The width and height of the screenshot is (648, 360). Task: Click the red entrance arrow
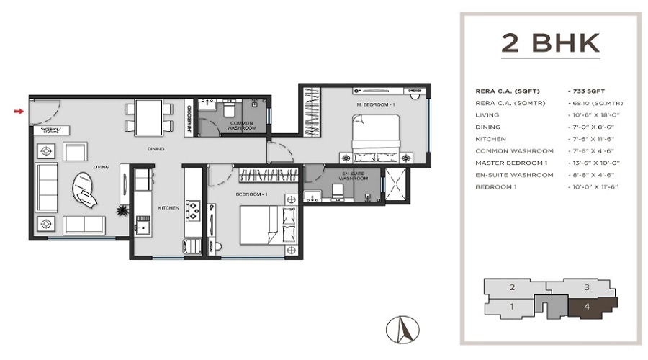coord(19,111)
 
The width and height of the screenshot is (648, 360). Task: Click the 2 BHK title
coord(551,43)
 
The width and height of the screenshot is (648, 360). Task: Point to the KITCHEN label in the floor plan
coord(168,208)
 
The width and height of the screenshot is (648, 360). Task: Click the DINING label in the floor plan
coord(155,149)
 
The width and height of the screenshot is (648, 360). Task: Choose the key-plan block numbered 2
coord(512,287)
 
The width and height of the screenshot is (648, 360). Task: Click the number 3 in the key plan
coord(587,287)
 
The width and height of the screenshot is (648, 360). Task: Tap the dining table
coord(149,116)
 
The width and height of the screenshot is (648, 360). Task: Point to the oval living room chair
coord(86,192)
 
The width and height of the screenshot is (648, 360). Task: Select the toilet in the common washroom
coord(228,109)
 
